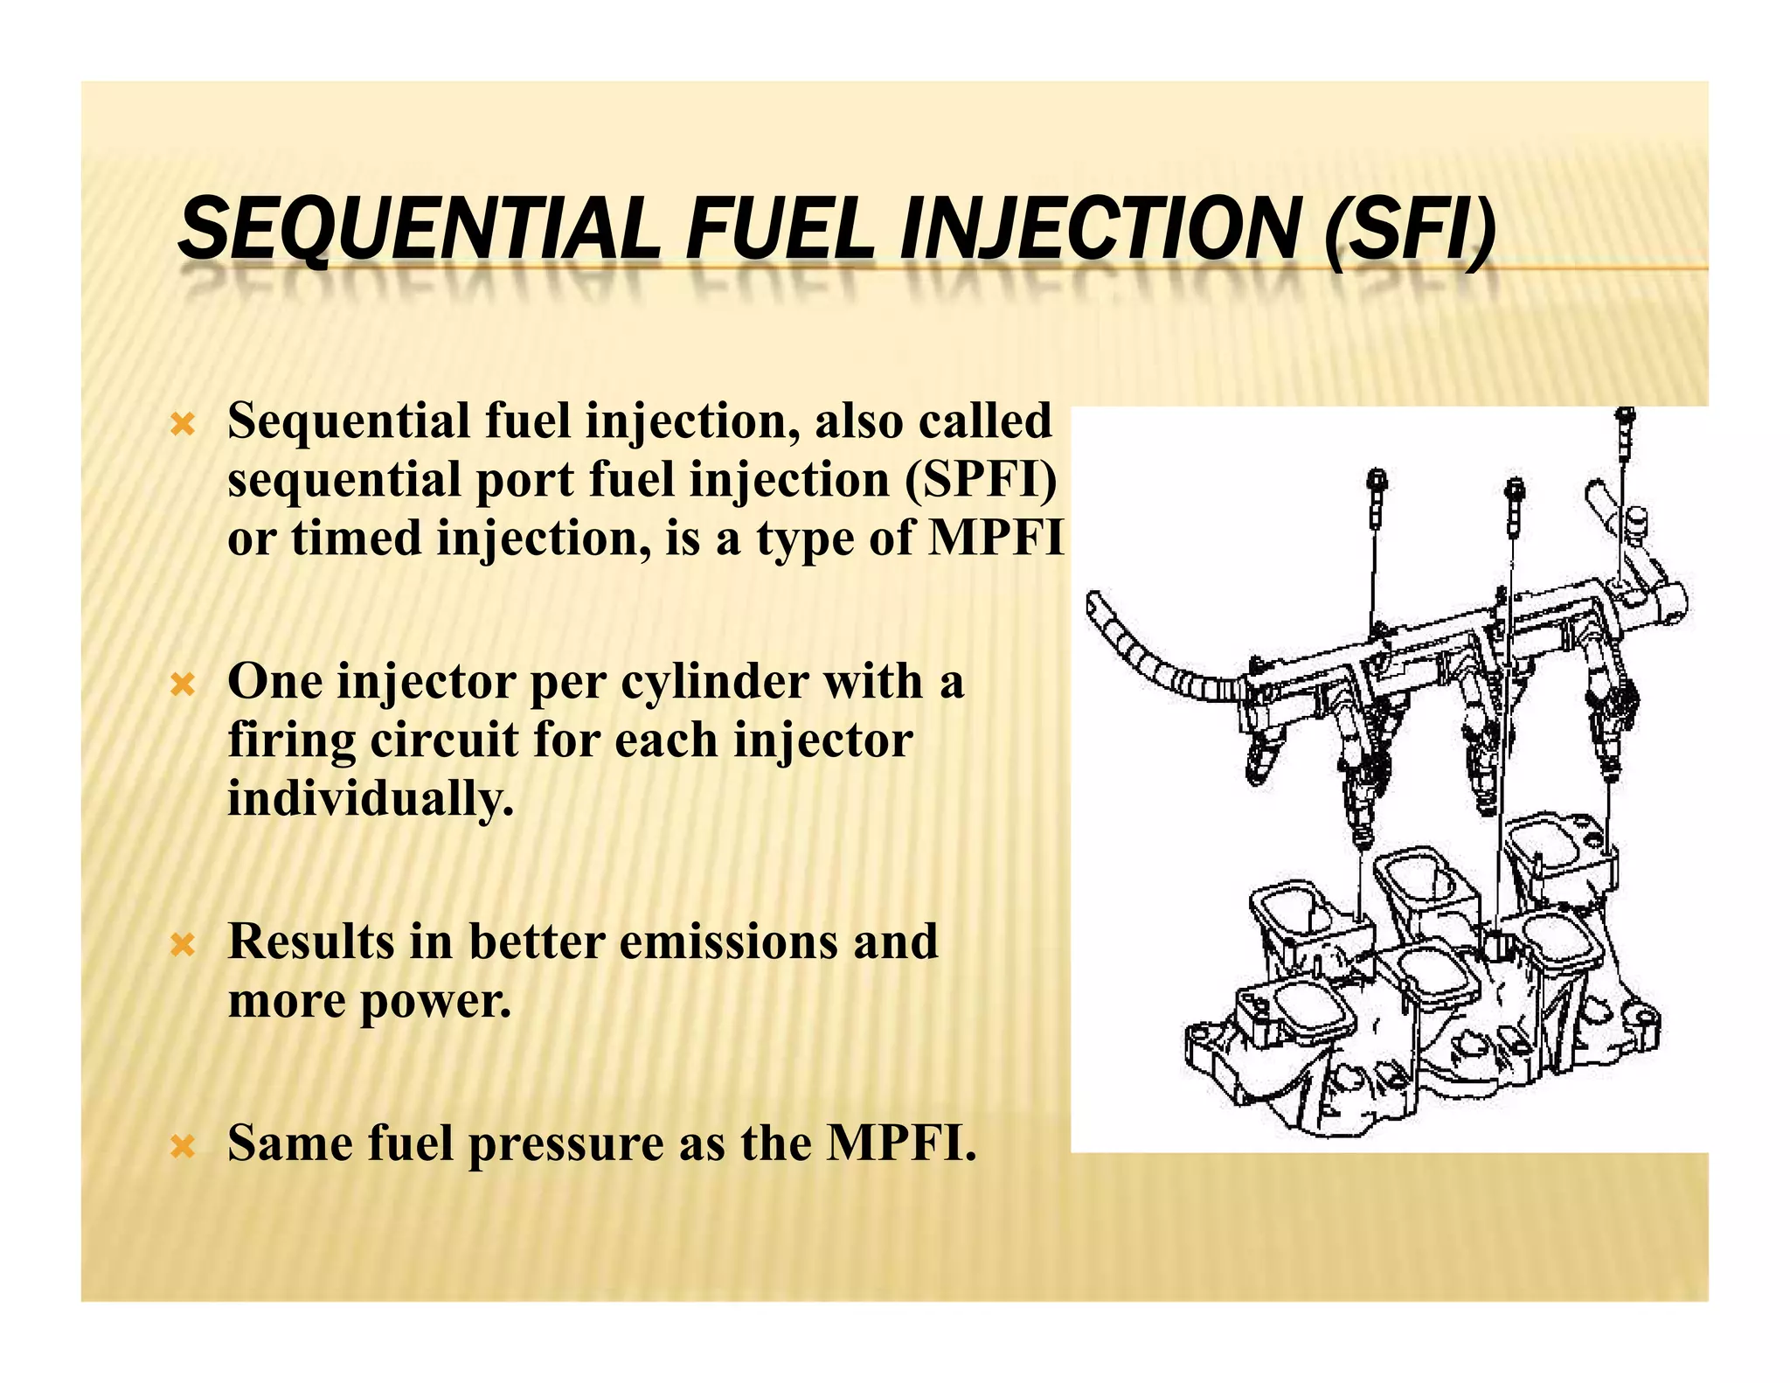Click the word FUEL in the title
pyautogui.click(x=780, y=229)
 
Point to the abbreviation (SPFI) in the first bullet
pyautogui.click(x=981, y=480)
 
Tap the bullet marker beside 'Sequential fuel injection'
pyautogui.click(x=182, y=426)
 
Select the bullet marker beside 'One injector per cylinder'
pyautogui.click(x=182, y=685)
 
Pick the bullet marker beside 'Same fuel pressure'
pyautogui.click(x=182, y=1146)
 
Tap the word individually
pyautogui.click(x=370, y=799)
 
